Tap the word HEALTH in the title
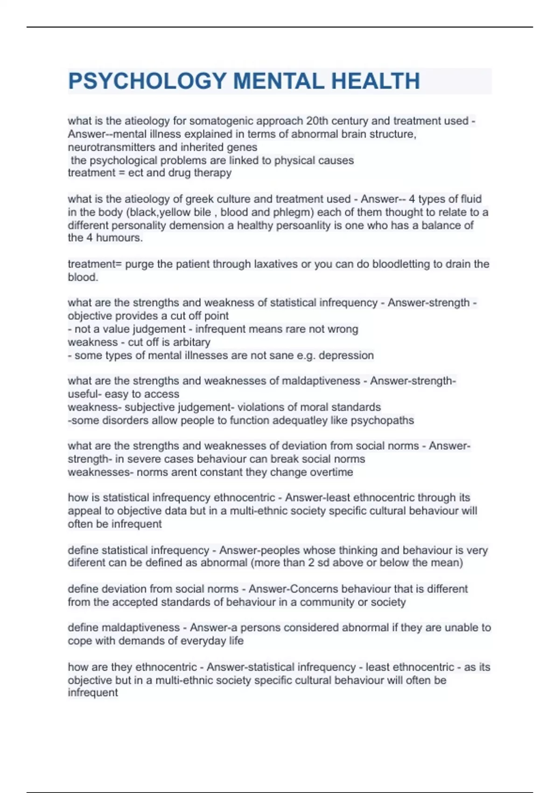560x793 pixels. [x=376, y=81]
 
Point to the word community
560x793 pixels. [x=327, y=602]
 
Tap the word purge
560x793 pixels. [x=140, y=264]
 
